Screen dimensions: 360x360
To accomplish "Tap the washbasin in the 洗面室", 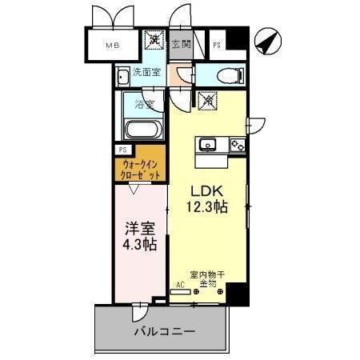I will click(x=123, y=77).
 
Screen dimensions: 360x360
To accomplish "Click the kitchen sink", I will click(x=207, y=144).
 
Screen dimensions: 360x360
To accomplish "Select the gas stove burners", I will click(x=237, y=145).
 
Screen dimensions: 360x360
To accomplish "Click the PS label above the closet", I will click(x=122, y=150).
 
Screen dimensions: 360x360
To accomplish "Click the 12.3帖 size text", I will click(x=207, y=207).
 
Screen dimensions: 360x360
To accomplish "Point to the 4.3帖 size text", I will click(x=139, y=244).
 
